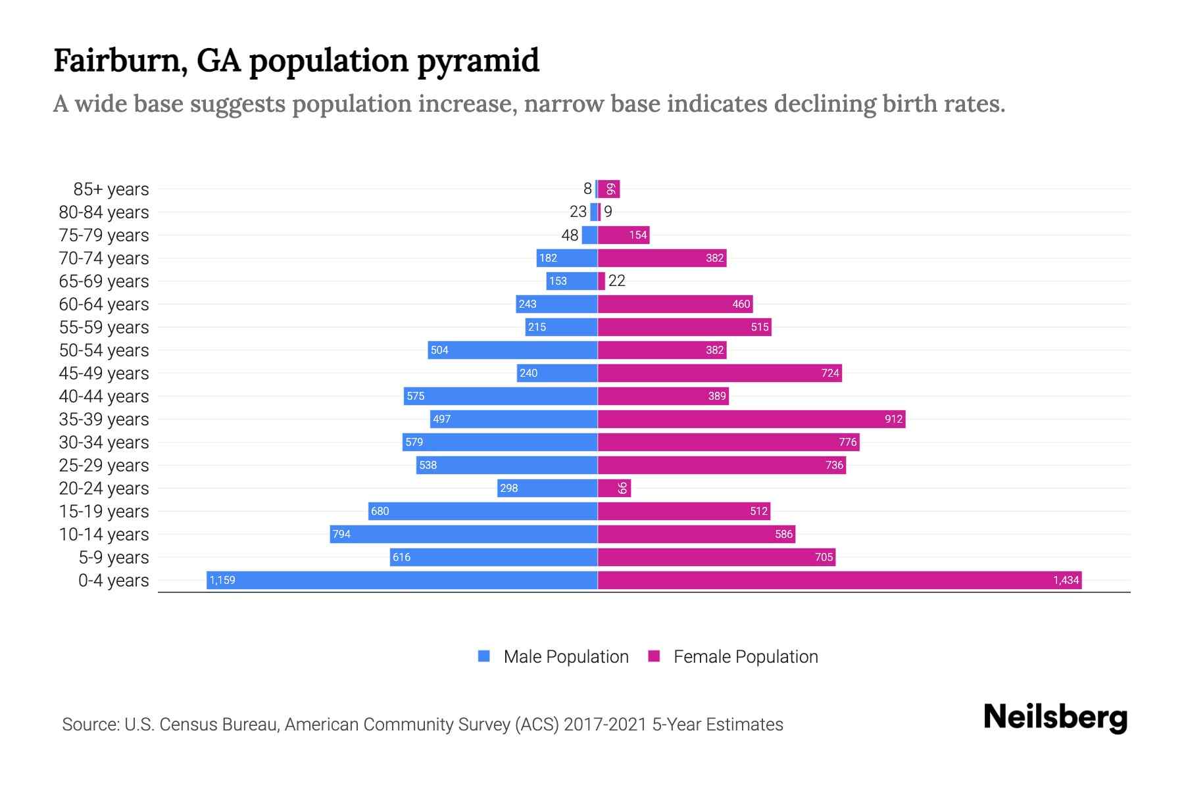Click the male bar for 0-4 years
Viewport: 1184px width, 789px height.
tap(402, 580)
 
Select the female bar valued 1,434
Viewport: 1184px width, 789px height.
tap(839, 580)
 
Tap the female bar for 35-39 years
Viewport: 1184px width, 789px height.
tap(751, 419)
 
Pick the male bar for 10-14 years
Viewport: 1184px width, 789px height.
tap(464, 534)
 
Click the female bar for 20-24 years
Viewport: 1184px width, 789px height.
tap(614, 488)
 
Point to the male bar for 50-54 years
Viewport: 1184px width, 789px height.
tap(512, 350)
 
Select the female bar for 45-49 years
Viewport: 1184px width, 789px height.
tap(720, 373)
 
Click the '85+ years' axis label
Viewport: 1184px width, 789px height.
tap(111, 189)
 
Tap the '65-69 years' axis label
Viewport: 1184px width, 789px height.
tap(104, 281)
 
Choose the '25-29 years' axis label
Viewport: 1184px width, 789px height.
tap(104, 466)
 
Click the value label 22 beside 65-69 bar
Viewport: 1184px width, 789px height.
tap(617, 281)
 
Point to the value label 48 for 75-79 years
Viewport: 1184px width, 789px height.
tap(570, 235)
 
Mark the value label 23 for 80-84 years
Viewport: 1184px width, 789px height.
tap(578, 212)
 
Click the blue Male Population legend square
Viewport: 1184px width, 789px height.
tap(484, 656)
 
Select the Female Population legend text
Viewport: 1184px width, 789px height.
tap(745, 656)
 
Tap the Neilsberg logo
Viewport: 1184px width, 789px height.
tap(1055, 717)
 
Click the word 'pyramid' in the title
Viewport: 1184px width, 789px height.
tap(478, 61)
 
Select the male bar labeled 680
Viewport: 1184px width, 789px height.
tap(483, 511)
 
